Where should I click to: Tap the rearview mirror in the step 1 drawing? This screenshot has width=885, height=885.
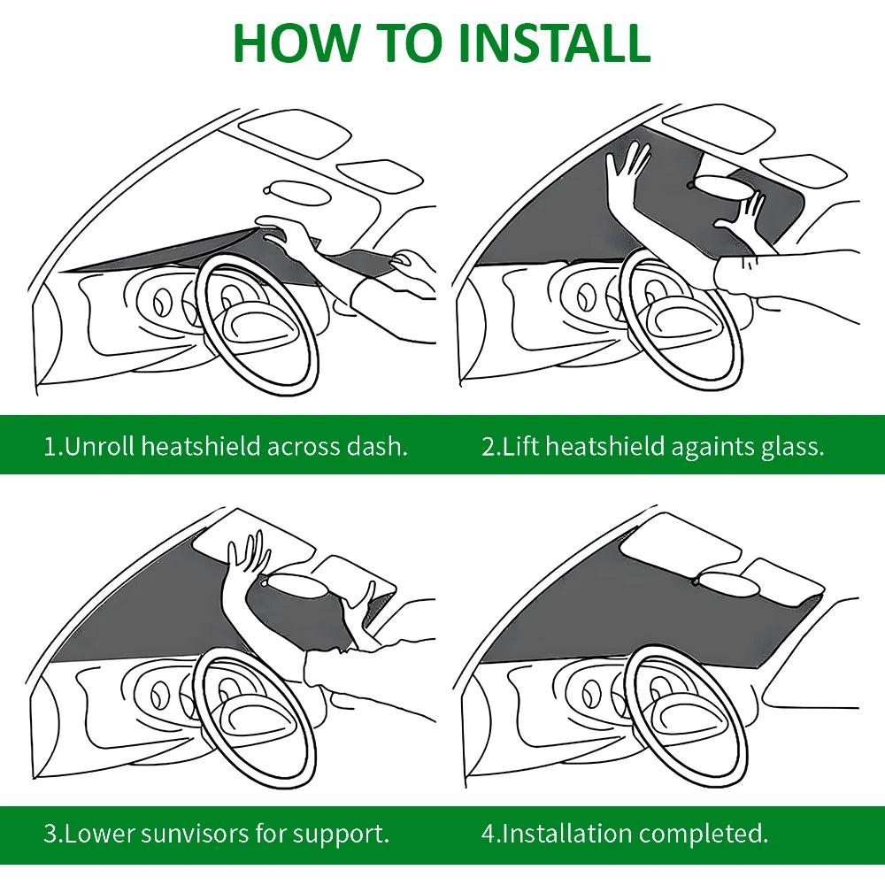pyautogui.click(x=298, y=192)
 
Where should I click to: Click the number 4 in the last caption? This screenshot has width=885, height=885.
pyautogui.click(x=488, y=834)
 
